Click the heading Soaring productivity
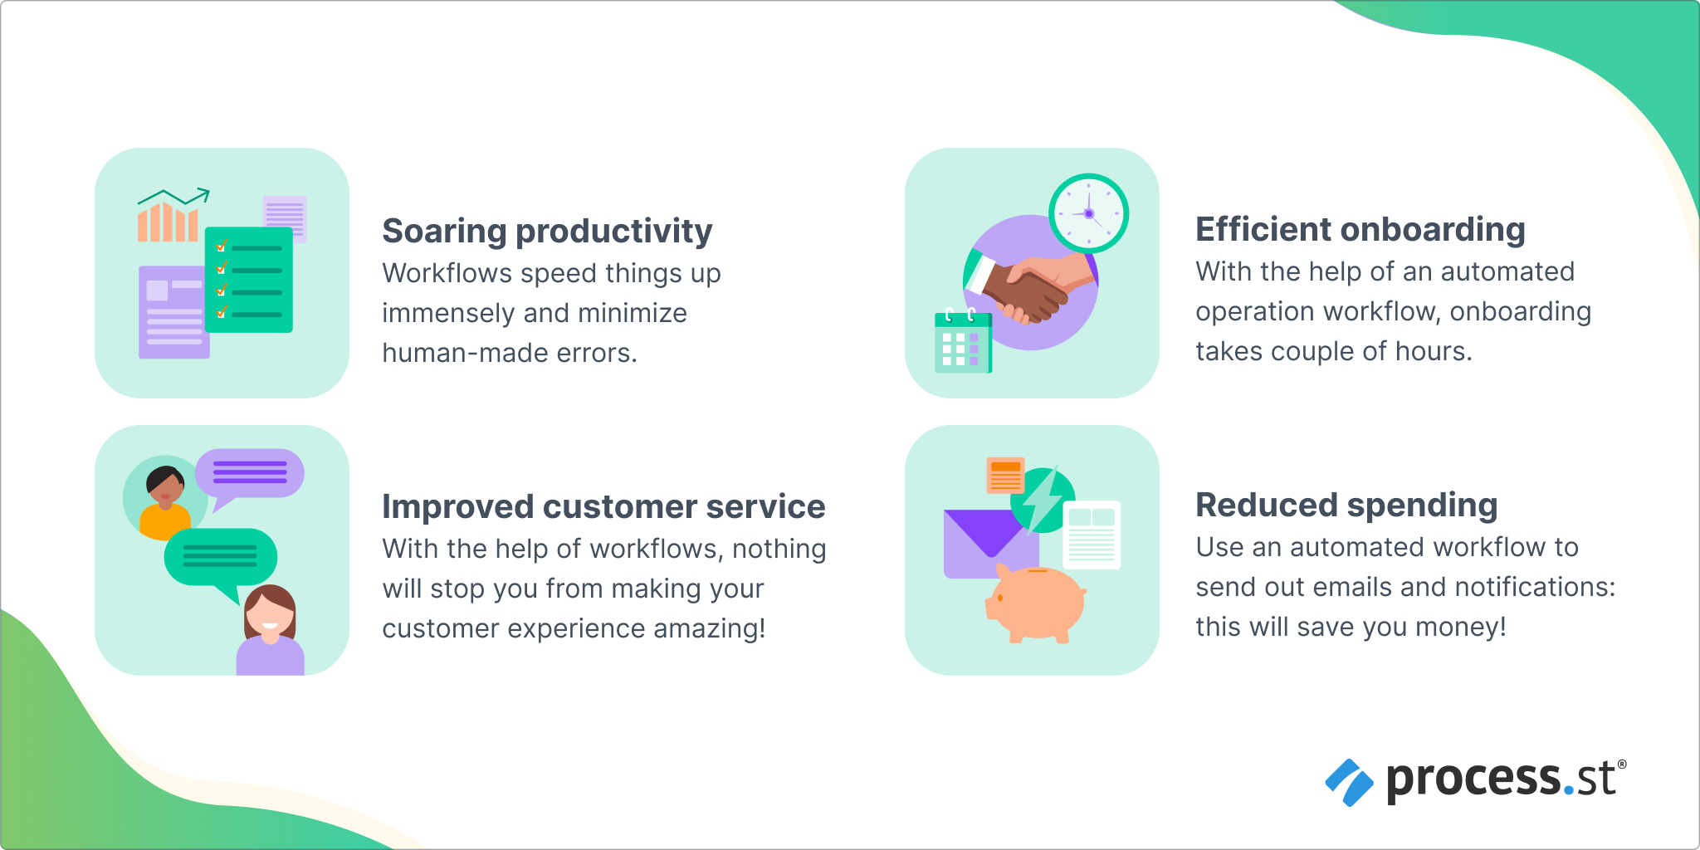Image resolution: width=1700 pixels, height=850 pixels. (x=547, y=232)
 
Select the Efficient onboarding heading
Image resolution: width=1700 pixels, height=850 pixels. (x=1360, y=230)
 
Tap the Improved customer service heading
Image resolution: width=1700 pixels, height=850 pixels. (x=603, y=507)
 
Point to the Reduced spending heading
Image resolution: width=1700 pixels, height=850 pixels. (x=1346, y=506)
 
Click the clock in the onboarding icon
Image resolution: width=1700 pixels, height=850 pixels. (x=1088, y=213)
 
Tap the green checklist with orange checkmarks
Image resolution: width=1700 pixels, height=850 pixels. (x=249, y=280)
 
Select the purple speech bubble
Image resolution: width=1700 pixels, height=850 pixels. (x=250, y=474)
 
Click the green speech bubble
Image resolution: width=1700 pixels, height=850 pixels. (x=221, y=557)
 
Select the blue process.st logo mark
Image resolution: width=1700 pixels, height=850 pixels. (x=1349, y=782)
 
